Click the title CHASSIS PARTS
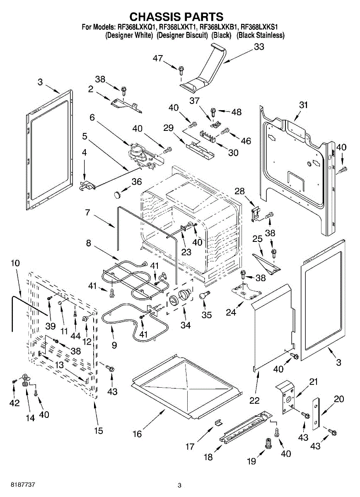click(x=176, y=17)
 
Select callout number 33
click(x=259, y=47)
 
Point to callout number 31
click(x=304, y=105)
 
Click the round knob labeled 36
click(x=119, y=193)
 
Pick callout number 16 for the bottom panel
click(x=137, y=434)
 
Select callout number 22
click(x=254, y=400)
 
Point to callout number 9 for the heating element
click(x=114, y=345)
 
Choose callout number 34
click(x=185, y=326)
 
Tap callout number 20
click(x=339, y=399)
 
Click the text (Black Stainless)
click(x=260, y=36)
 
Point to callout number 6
click(x=92, y=118)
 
